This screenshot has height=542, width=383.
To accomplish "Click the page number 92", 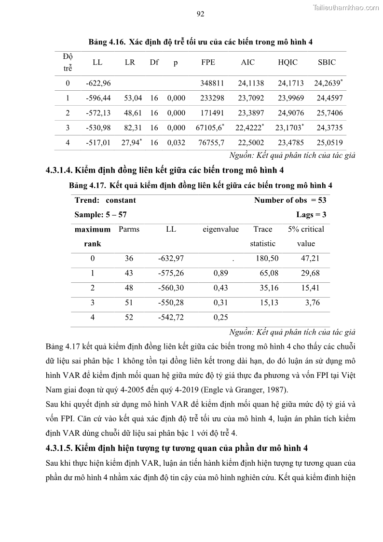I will (201, 14).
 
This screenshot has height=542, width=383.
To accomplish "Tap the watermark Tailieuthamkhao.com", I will (346, 7).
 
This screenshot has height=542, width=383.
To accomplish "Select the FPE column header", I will (208, 62).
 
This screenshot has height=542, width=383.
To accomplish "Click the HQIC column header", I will (287, 62).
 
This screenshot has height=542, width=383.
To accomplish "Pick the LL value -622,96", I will (98, 83).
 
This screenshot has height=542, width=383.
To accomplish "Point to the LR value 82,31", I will (133, 127).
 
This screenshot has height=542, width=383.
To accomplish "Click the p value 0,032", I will (176, 142).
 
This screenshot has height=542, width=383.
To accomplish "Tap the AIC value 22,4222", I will (249, 127).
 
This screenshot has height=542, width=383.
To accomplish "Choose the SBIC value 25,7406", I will (329, 112).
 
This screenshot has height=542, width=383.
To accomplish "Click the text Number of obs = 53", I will (290, 200).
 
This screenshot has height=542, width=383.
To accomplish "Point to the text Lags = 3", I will (311, 214).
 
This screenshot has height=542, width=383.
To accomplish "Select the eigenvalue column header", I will (220, 229).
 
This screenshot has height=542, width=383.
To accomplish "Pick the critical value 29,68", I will (310, 273).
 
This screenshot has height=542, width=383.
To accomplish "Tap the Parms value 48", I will (129, 288).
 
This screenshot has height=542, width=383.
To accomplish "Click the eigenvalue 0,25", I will (220, 318).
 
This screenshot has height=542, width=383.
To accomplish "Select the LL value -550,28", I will (171, 303).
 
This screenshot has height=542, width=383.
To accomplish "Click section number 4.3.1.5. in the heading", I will (64, 447).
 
